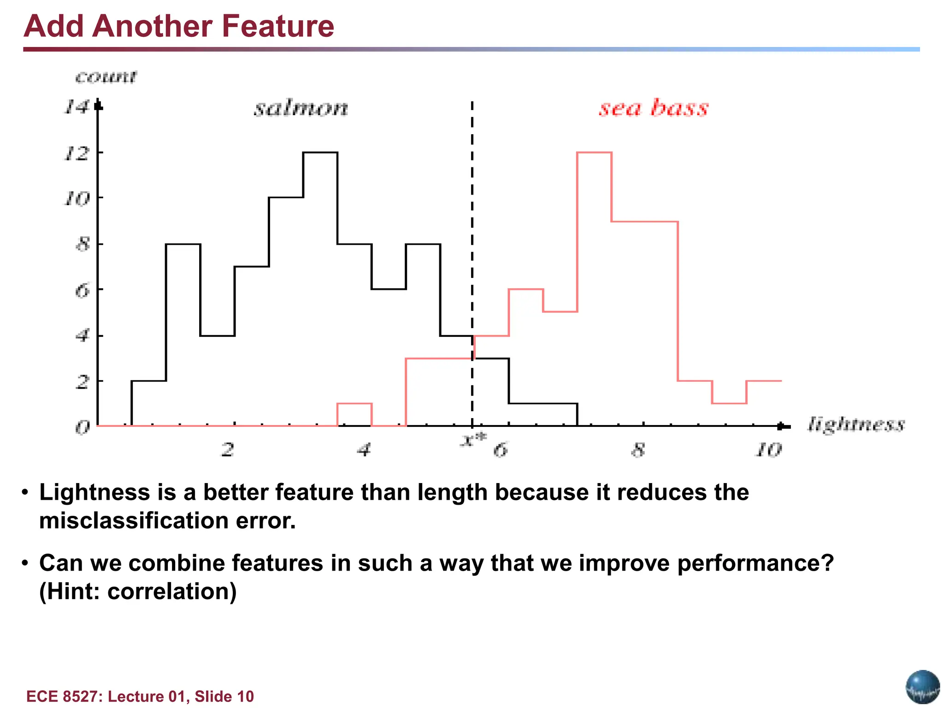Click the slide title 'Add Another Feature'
tap(179, 26)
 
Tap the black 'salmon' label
tap(301, 108)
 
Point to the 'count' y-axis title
tap(106, 77)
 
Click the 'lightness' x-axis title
tap(856, 424)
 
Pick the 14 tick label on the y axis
tap(76, 107)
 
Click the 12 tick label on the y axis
tap(76, 153)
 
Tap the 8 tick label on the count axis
tap(82, 244)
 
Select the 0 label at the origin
tap(82, 428)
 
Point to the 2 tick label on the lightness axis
tap(228, 449)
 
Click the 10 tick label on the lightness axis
tap(768, 449)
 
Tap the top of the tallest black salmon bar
tap(320, 153)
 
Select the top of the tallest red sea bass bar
tap(594, 153)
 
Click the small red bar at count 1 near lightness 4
tap(354, 404)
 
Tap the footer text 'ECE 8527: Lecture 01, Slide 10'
tap(140, 696)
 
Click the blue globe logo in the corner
tap(922, 687)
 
